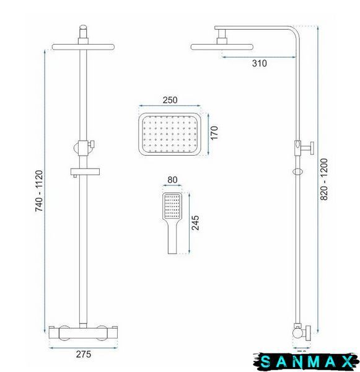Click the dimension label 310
click(259, 63)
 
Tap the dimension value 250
click(170, 100)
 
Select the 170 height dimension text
click(214, 133)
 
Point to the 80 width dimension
click(172, 180)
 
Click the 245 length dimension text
click(195, 223)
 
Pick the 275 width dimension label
click(84, 354)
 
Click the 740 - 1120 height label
click(39, 191)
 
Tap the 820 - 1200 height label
click(323, 179)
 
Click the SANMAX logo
click(306, 362)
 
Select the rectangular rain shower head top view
click(170, 135)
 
